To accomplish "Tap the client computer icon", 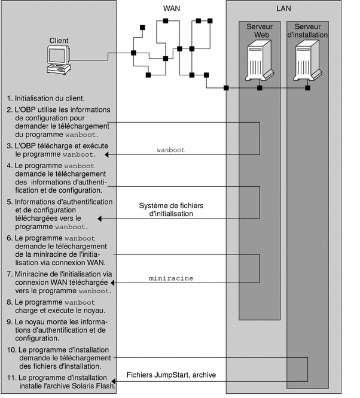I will pyautogui.click(x=59, y=59).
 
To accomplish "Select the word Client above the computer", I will pyautogui.click(x=59, y=41).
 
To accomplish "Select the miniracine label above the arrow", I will pyautogui.click(x=170, y=279).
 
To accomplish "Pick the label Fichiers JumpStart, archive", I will pyautogui.click(x=171, y=375).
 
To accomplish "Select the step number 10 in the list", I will pyautogui.click(x=11, y=349).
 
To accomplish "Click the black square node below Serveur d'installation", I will pyautogui.click(x=307, y=89).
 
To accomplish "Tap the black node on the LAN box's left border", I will pyautogui.click(x=226, y=89).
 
